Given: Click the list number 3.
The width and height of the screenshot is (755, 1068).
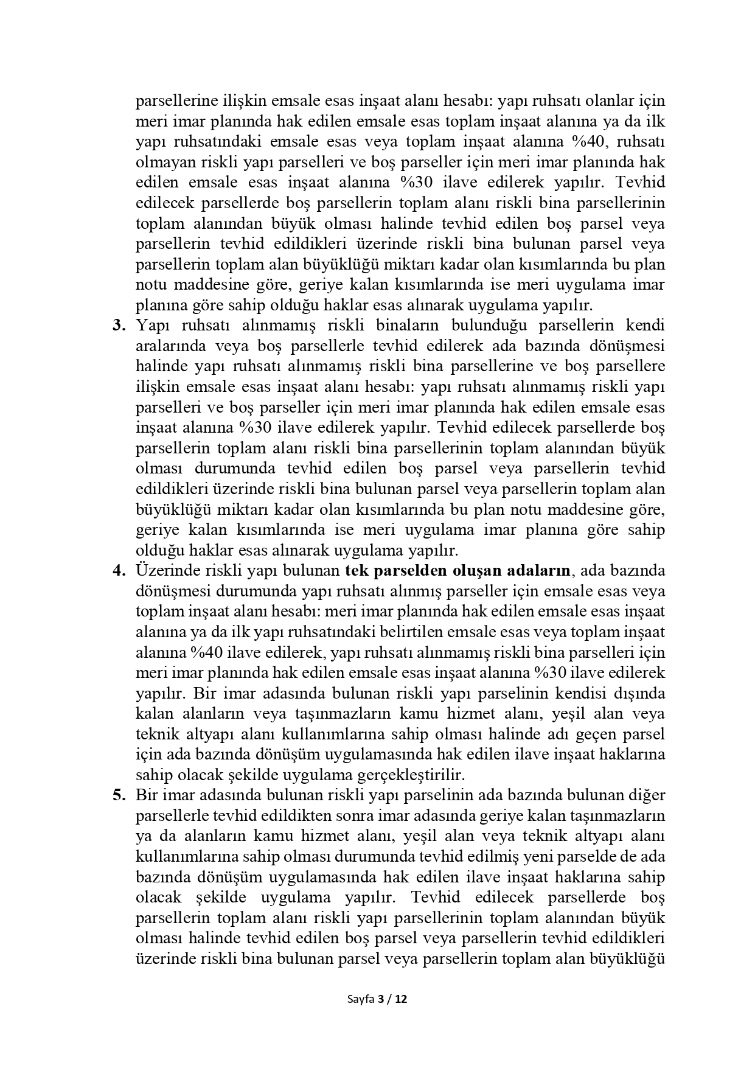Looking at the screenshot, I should point(119,325).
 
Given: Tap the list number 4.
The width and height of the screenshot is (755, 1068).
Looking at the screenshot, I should point(119,570).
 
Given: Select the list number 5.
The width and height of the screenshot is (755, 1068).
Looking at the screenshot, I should point(119,795).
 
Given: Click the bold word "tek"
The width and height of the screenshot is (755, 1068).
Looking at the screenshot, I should point(356,570).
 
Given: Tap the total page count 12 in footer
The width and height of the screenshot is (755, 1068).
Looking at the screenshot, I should point(401,999).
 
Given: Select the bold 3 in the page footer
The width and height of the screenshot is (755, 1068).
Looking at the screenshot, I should point(381,999).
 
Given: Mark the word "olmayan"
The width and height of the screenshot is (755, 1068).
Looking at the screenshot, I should point(158,162).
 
